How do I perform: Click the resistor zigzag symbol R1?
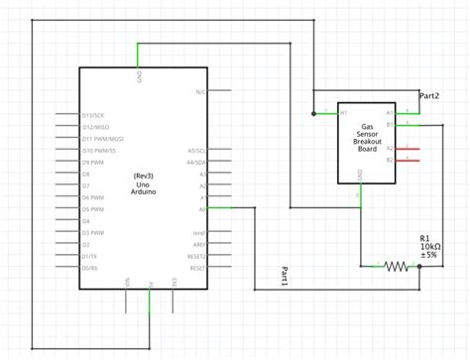click(x=396, y=266)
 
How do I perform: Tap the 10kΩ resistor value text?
click(x=431, y=247)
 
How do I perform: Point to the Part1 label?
click(x=284, y=278)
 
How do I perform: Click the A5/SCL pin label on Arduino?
click(x=195, y=151)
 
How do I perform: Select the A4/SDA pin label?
click(x=195, y=162)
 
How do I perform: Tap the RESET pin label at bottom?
click(x=196, y=268)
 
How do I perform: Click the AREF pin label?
click(x=198, y=244)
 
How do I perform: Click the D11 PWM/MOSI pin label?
click(x=102, y=139)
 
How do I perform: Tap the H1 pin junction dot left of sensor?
click(x=313, y=114)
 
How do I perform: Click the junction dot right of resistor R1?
click(x=419, y=266)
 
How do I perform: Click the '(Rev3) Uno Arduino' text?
click(x=144, y=183)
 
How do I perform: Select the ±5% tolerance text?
click(x=429, y=257)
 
